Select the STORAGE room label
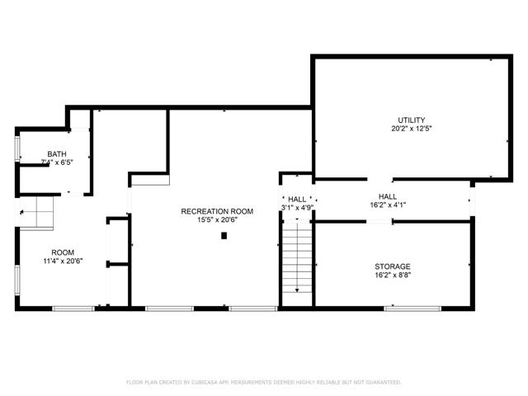pyautogui.click(x=393, y=266)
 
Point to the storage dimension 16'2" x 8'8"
pyautogui.click(x=393, y=276)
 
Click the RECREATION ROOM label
pyautogui.click(x=217, y=211)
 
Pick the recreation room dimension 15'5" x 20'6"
pyautogui.click(x=217, y=220)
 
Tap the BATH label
pyautogui.click(x=57, y=153)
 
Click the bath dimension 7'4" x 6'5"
pyautogui.click(x=57, y=162)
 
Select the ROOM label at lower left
pyautogui.click(x=63, y=252)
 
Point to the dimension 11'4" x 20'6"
pyautogui.click(x=63, y=262)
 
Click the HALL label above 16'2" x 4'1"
pyautogui.click(x=388, y=196)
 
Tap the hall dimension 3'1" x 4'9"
pyautogui.click(x=297, y=208)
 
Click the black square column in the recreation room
pyautogui.click(x=224, y=236)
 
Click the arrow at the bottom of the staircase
pyautogui.click(x=297, y=288)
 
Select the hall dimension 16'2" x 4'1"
pyautogui.click(x=388, y=205)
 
